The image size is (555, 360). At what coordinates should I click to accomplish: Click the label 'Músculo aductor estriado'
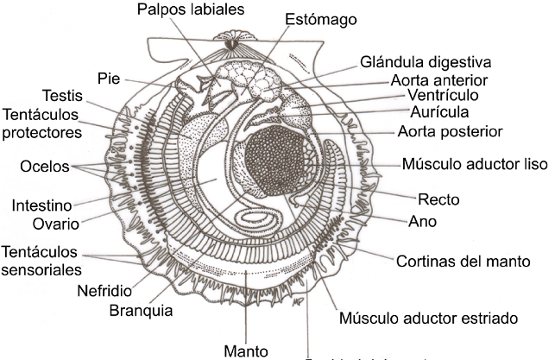point(427,318)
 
